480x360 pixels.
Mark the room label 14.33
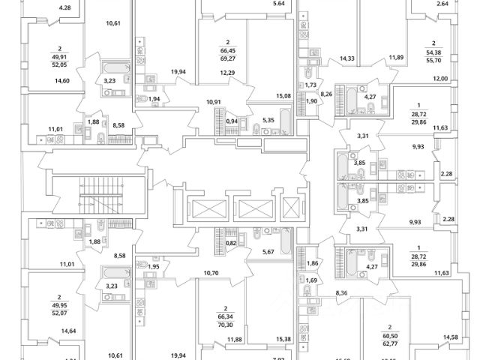347,58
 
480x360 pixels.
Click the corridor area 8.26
327,94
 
